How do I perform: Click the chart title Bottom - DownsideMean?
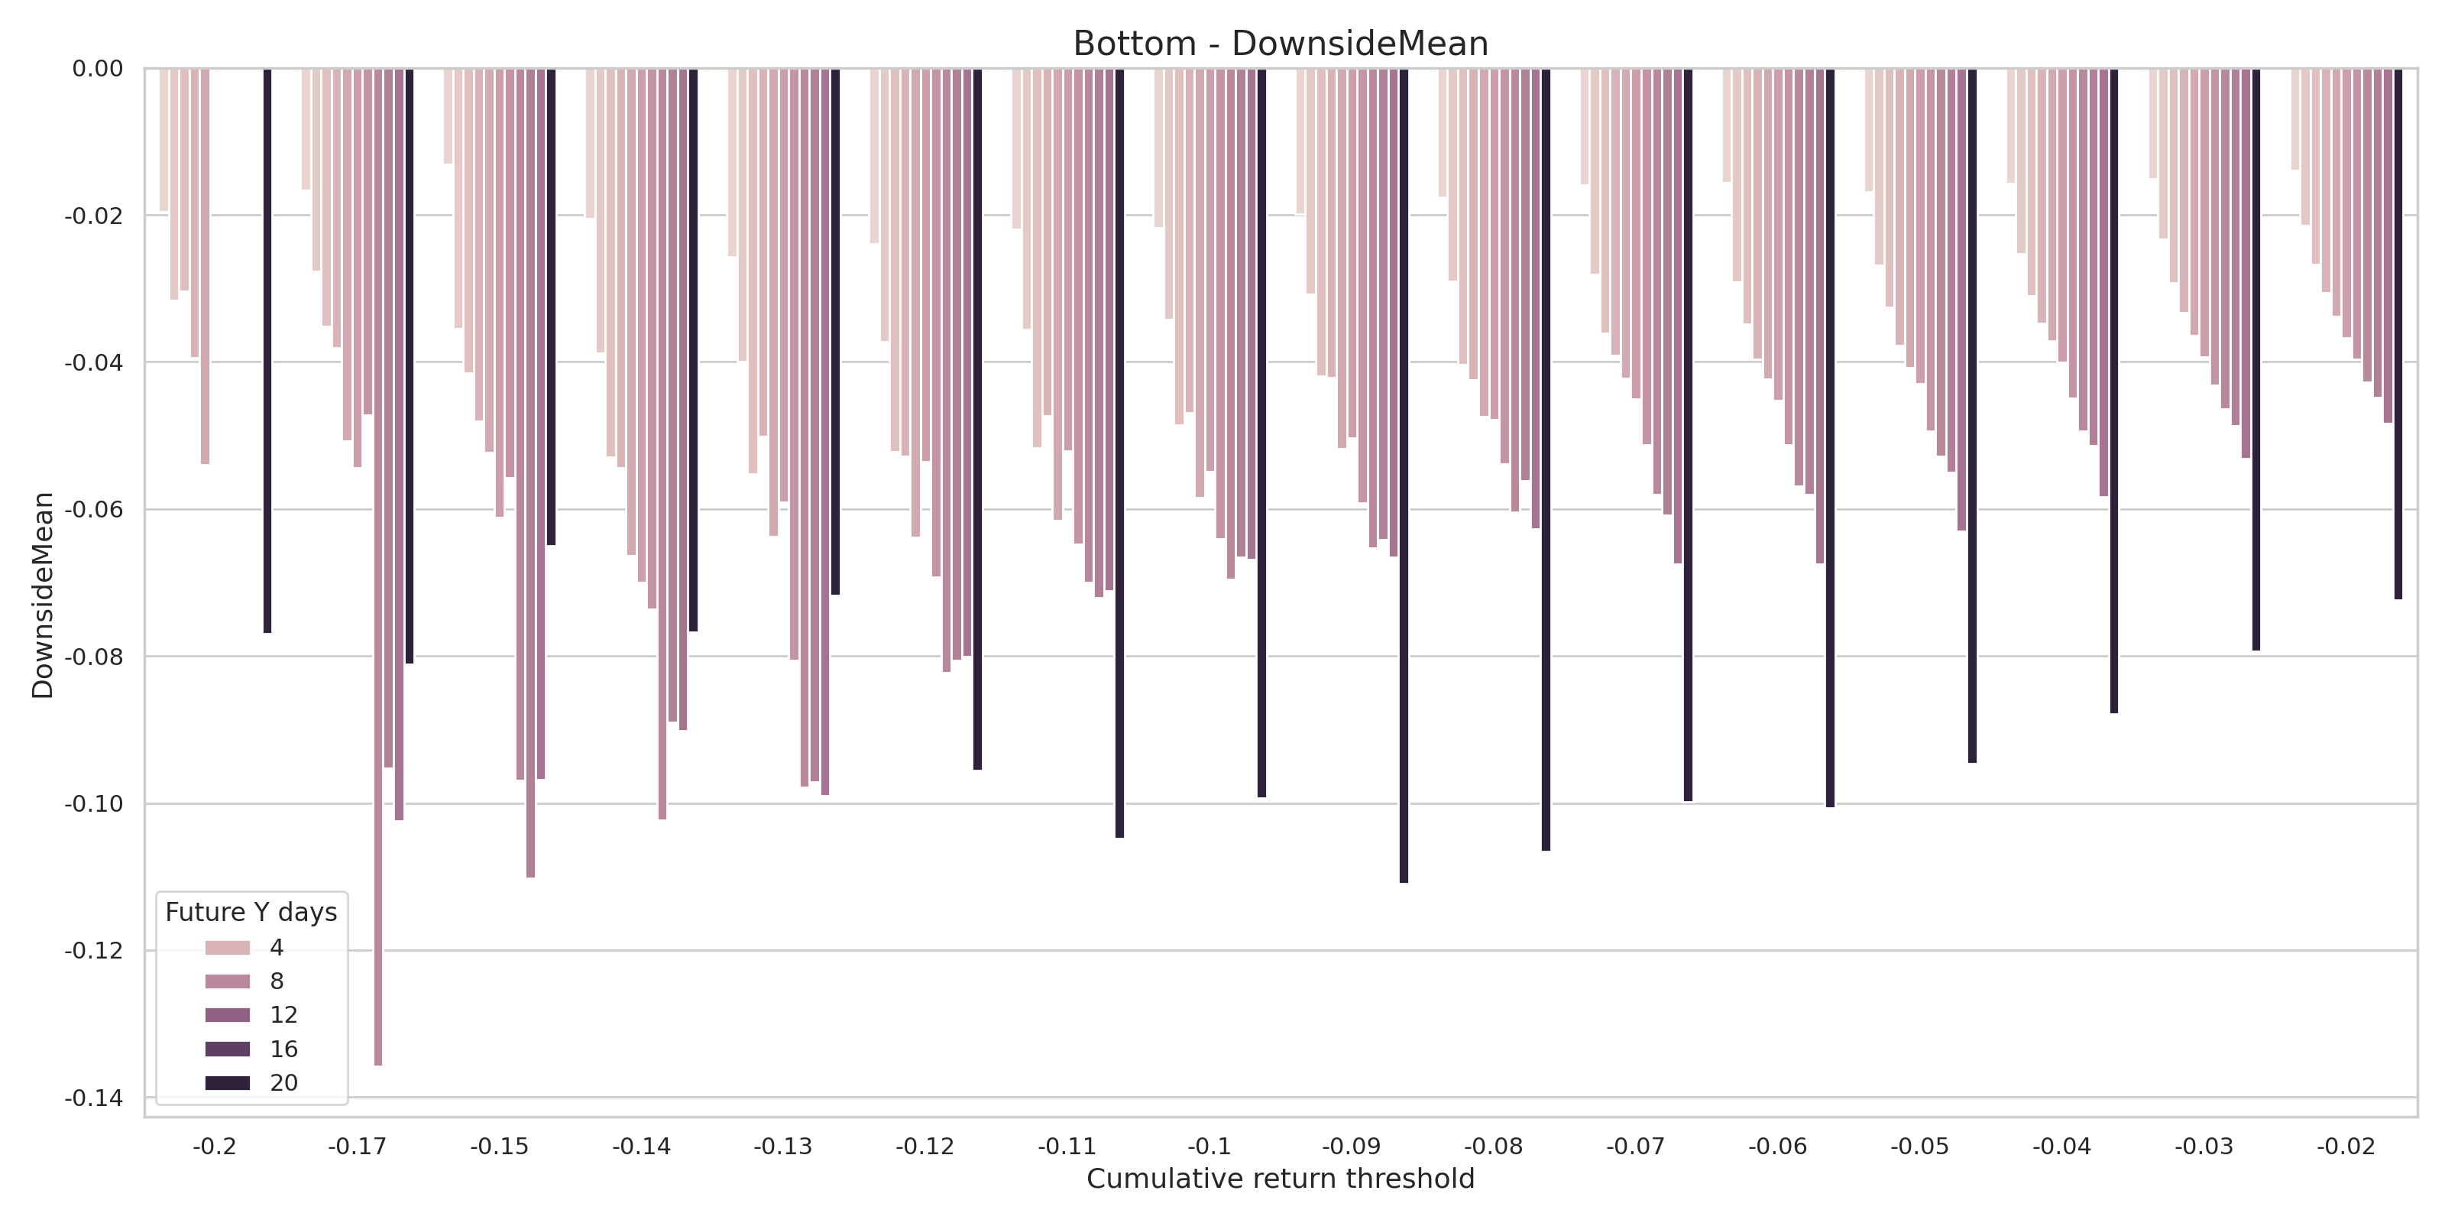click(x=1280, y=44)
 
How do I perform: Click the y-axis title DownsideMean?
click(x=43, y=595)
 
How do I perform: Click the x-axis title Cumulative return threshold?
click(x=1280, y=1179)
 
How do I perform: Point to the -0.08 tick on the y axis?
click(x=94, y=656)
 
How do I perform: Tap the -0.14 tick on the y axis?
click(x=94, y=1098)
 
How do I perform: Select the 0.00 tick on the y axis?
click(x=98, y=68)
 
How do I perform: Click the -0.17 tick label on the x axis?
click(x=357, y=1147)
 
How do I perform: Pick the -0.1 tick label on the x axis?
click(x=1210, y=1147)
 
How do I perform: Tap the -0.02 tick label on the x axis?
click(x=2346, y=1147)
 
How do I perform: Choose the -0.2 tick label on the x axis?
click(x=215, y=1147)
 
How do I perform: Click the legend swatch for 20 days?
click(x=228, y=1082)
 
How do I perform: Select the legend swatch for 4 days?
click(x=228, y=948)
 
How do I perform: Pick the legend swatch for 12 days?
click(x=228, y=1015)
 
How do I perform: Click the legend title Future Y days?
click(x=251, y=913)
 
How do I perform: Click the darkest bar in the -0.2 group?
click(x=267, y=352)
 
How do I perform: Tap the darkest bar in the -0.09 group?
click(x=1404, y=475)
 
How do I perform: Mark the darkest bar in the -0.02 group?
click(x=2398, y=333)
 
